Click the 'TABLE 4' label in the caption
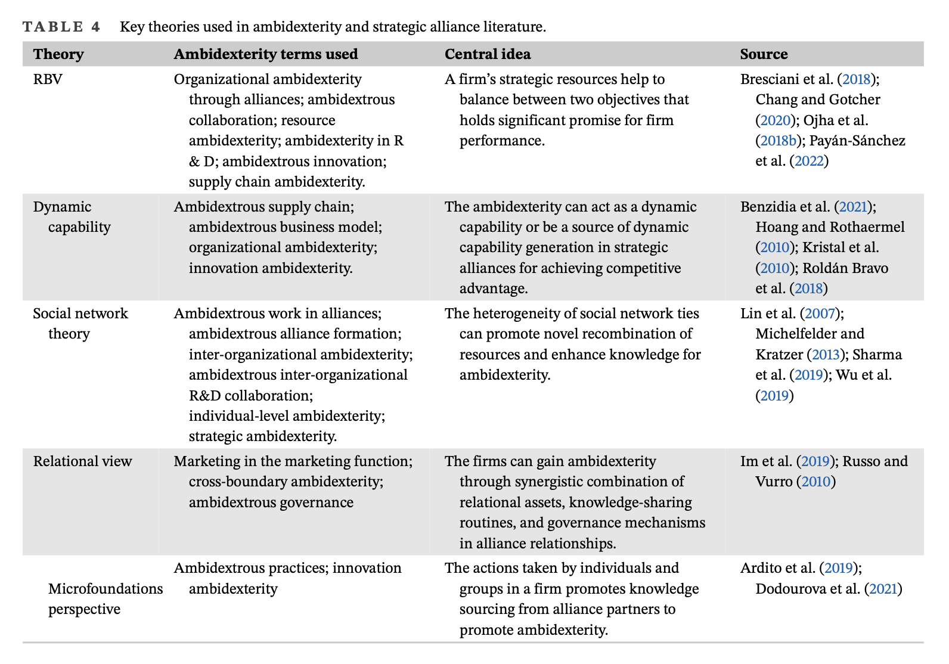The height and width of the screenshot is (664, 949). pyautogui.click(x=61, y=27)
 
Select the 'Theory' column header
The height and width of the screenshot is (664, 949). pyautogui.click(x=58, y=54)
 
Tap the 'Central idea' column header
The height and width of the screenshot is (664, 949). pyautogui.click(x=487, y=54)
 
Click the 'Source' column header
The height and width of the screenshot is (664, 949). pyautogui.click(x=764, y=54)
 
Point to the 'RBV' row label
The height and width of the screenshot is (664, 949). pyautogui.click(x=48, y=79)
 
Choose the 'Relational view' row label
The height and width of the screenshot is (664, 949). pyautogui.click(x=82, y=461)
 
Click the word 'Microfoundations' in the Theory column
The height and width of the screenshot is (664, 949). pyautogui.click(x=106, y=589)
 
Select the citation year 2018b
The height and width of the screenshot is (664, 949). pyautogui.click(x=778, y=141)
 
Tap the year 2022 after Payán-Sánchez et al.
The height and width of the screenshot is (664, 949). pyautogui.click(x=809, y=161)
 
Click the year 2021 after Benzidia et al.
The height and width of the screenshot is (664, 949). pyautogui.click(x=853, y=207)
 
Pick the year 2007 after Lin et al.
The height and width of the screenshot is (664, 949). pyautogui.click(x=821, y=314)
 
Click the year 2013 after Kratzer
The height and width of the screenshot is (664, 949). pyautogui.click(x=826, y=355)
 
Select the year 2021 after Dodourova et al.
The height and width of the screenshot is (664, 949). pyautogui.click(x=883, y=589)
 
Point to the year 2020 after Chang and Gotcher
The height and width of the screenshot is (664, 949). pyautogui.click(x=775, y=120)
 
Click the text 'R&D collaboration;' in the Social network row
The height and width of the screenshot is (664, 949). pyautogui.click(x=250, y=396)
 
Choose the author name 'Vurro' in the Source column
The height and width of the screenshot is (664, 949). pyautogui.click(x=774, y=482)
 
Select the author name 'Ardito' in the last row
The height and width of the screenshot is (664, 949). pyautogui.click(x=759, y=568)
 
